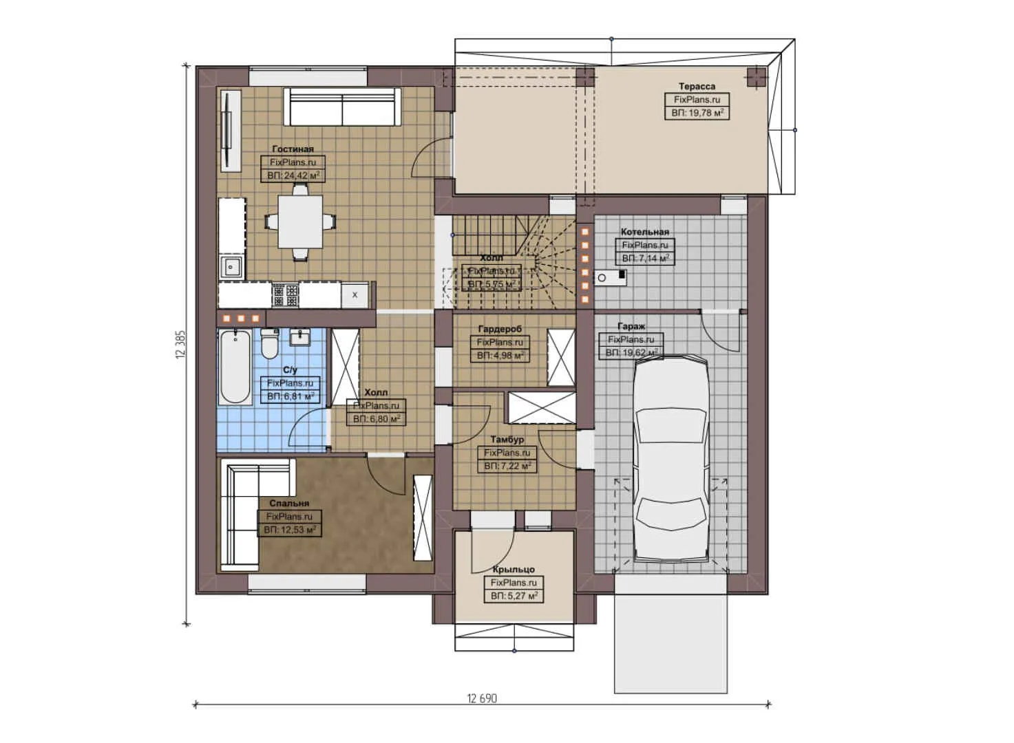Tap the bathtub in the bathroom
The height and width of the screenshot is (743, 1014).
click(235, 366)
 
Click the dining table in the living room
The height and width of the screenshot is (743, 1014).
click(300, 222)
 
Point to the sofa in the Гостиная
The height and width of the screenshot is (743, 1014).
click(343, 107)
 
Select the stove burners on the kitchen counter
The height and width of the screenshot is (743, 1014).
click(286, 295)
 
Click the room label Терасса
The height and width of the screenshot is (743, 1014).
click(697, 87)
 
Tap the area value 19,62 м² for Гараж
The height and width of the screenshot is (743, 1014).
click(631, 353)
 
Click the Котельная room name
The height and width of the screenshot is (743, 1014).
click(644, 232)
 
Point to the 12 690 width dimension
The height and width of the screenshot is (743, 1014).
click(482, 698)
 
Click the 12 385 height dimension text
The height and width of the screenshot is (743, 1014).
click(181, 345)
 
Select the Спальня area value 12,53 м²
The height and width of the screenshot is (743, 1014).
click(290, 530)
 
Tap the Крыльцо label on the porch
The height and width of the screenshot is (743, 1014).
click(513, 570)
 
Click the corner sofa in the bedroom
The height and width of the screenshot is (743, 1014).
click(241, 516)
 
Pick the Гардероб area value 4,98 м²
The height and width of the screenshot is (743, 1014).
click(500, 356)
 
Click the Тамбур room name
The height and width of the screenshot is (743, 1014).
click(507, 439)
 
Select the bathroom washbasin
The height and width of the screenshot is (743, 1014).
click(299, 337)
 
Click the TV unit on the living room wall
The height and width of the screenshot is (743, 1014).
click(229, 130)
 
